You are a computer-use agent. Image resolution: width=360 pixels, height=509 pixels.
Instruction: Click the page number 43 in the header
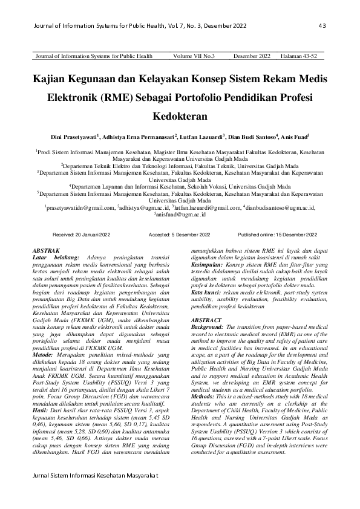[x=322, y=25]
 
